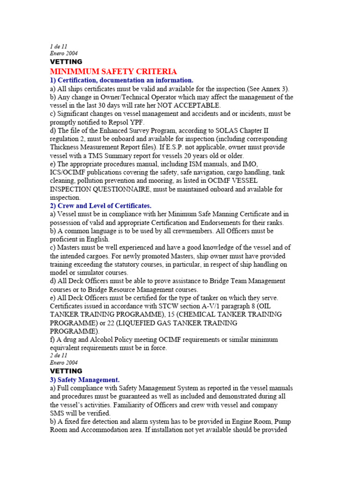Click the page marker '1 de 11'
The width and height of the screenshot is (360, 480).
coord(59,46)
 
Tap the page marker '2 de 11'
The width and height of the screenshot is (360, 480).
coord(59,355)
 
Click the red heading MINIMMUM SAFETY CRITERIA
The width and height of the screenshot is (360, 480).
coord(113,71)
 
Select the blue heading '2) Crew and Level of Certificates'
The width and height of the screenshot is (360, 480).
coord(101,205)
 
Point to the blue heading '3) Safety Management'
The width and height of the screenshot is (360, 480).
coord(85,379)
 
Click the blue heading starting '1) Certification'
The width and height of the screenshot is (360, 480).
coord(121,80)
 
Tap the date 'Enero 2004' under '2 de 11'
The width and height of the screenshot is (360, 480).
coord(64,363)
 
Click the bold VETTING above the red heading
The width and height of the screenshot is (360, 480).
coord(66,61)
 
